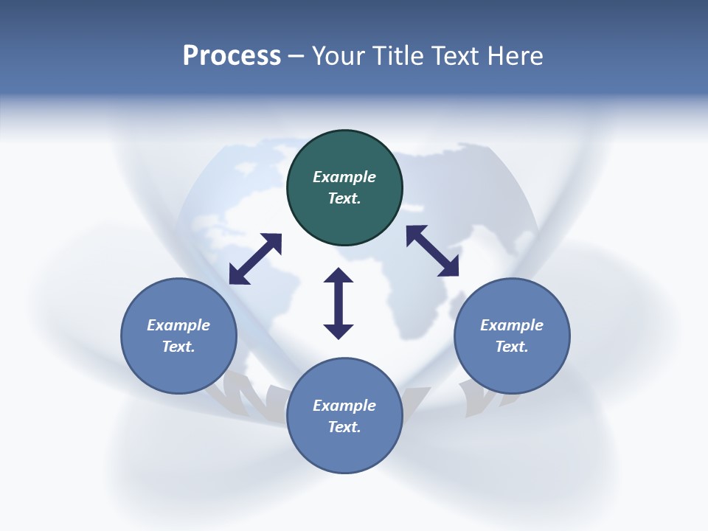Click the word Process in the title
tap(232, 56)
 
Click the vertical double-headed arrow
tap(339, 303)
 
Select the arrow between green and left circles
tap(255, 259)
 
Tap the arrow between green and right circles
tap(433, 251)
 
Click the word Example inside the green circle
tap(344, 177)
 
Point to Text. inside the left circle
tap(178, 347)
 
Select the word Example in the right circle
tap(512, 325)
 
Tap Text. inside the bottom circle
tap(344, 427)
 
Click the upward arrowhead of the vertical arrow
tap(339, 277)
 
